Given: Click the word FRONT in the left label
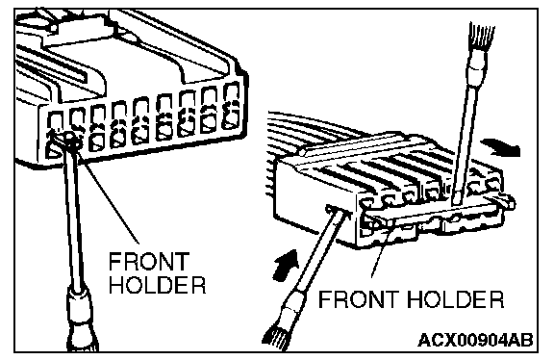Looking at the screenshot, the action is tap(149, 261).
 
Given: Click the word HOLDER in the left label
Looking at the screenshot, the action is tap(157, 284).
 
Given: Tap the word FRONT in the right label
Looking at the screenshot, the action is tap(359, 299).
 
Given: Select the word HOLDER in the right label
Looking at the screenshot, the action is tap(456, 299).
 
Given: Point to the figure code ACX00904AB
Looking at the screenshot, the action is tap(475, 341).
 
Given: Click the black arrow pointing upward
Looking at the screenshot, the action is tap(287, 265).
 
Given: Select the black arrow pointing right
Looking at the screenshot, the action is tap(500, 146).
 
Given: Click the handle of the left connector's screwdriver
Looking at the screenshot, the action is tap(82, 320).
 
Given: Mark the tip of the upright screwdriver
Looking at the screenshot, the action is tap(456, 202).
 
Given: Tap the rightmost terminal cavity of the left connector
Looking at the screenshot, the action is tap(232, 105).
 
